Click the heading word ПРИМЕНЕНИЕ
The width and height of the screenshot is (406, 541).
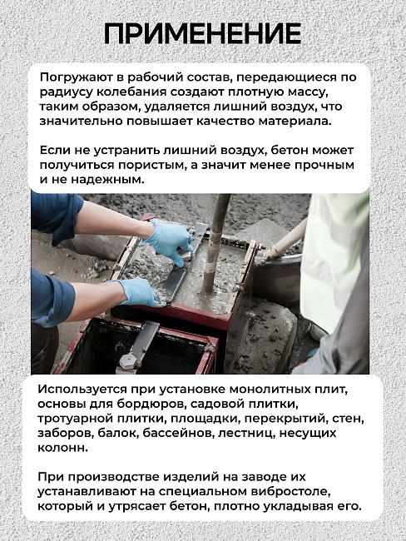(x=202, y=33)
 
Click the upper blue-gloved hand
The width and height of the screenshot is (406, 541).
(x=171, y=241)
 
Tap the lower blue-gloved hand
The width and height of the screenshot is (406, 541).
(x=137, y=292)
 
